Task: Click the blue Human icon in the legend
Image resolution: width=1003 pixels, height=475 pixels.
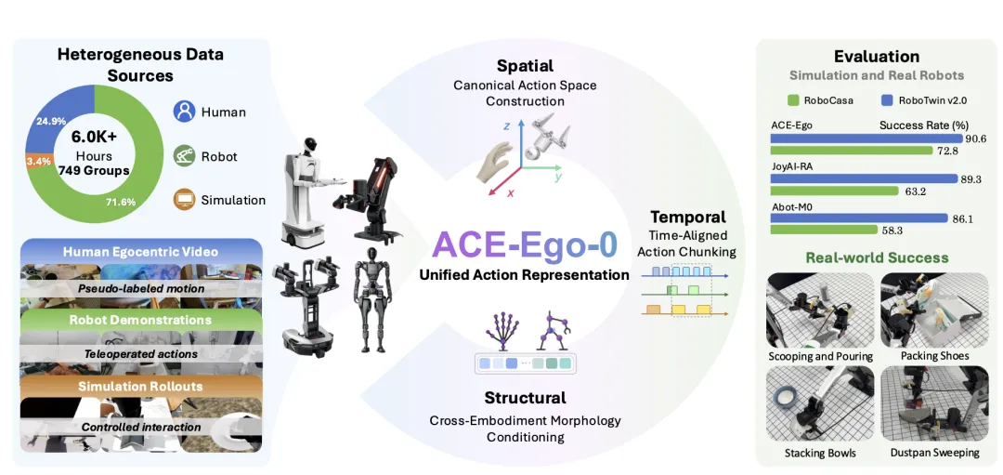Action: click(x=184, y=112)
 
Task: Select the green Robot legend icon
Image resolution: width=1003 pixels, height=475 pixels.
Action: click(x=184, y=156)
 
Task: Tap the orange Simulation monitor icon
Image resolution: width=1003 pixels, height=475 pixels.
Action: click(x=184, y=200)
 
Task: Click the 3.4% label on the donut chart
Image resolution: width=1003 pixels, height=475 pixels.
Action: click(x=38, y=162)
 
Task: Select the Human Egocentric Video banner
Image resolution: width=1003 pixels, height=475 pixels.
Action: click(x=141, y=252)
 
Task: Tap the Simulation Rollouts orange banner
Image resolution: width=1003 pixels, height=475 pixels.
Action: click(x=141, y=386)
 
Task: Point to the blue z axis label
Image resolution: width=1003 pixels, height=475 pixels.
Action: click(x=507, y=125)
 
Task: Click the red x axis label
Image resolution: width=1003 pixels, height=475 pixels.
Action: click(x=511, y=191)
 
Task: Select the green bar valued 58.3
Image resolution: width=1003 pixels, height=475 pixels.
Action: click(x=824, y=230)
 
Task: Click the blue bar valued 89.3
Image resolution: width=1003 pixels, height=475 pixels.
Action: click(x=864, y=179)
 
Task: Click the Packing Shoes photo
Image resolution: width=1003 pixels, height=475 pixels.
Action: click(x=934, y=311)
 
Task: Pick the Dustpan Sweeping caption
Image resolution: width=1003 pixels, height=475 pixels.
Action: click(x=934, y=453)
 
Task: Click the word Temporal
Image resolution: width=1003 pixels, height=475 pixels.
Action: click(x=687, y=217)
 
